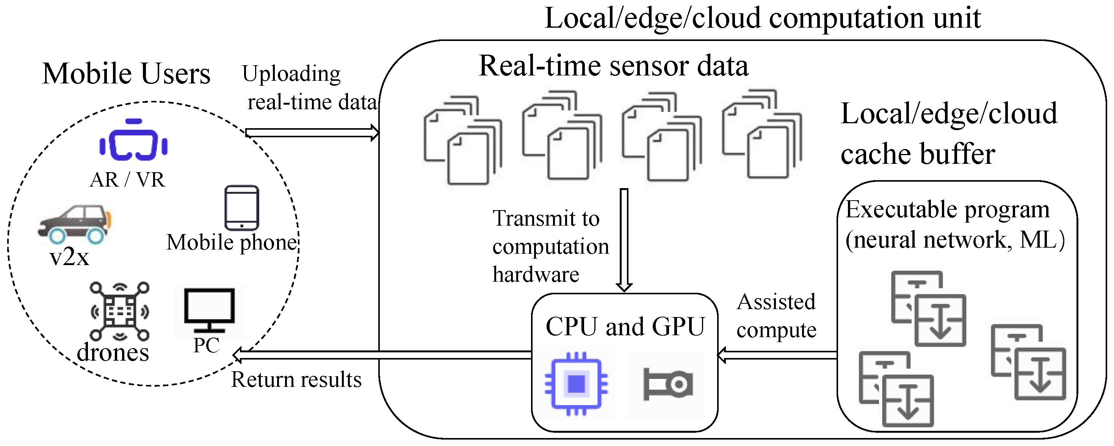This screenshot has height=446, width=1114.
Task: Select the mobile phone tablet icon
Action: (242, 208)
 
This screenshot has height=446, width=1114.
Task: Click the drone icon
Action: (120, 311)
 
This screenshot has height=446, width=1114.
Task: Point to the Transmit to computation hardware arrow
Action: (624, 240)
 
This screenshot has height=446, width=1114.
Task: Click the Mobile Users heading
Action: (126, 74)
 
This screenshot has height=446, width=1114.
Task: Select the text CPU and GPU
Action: (625, 327)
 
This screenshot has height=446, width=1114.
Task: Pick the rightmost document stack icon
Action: (762, 134)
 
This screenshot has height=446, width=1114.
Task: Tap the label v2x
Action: (70, 258)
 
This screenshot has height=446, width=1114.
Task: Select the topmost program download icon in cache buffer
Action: (929, 308)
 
